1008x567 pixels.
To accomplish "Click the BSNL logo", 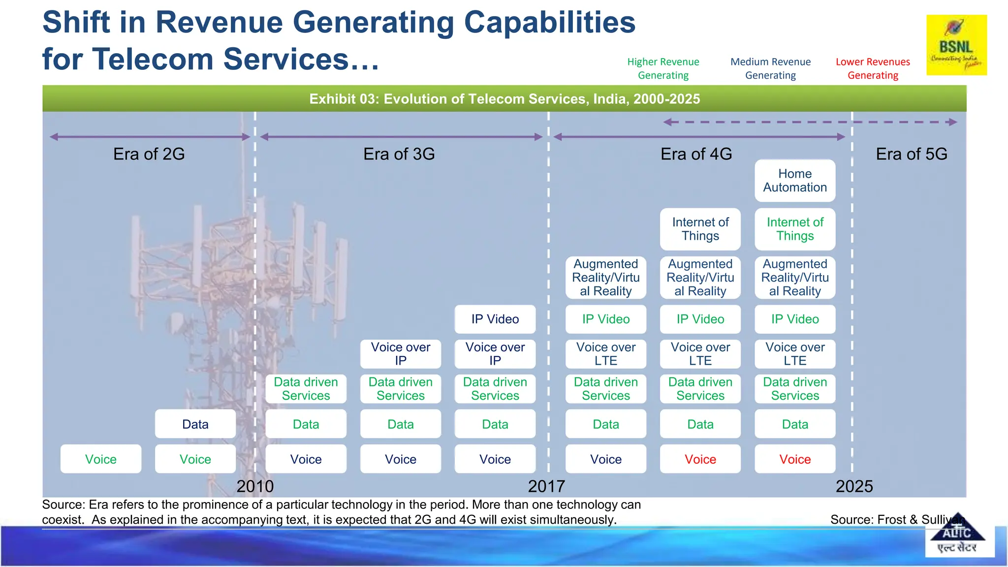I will tap(956, 45).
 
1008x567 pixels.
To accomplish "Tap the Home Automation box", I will tap(795, 181).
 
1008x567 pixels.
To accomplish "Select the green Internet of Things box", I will tap(795, 229).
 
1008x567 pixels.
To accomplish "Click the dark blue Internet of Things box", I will tap(700, 229).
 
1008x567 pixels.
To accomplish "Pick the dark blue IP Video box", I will tap(495, 319).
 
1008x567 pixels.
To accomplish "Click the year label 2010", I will tap(255, 486).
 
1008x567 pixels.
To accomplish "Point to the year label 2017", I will tap(546, 486).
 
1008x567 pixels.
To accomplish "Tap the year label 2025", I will tap(854, 486).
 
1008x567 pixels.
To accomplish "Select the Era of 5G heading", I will tap(912, 154).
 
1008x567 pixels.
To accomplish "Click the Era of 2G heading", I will tap(149, 154).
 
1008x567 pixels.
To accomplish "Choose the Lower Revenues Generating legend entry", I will tap(873, 68).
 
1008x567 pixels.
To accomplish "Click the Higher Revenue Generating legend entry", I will tap(663, 68).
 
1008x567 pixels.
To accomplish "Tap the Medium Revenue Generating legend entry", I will tap(770, 68).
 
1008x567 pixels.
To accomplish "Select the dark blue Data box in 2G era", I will tap(195, 424).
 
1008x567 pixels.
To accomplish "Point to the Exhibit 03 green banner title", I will tap(504, 99).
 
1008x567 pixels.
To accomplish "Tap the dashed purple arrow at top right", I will tap(810, 122).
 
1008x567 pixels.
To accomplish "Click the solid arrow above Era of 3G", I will tap(401, 137).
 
